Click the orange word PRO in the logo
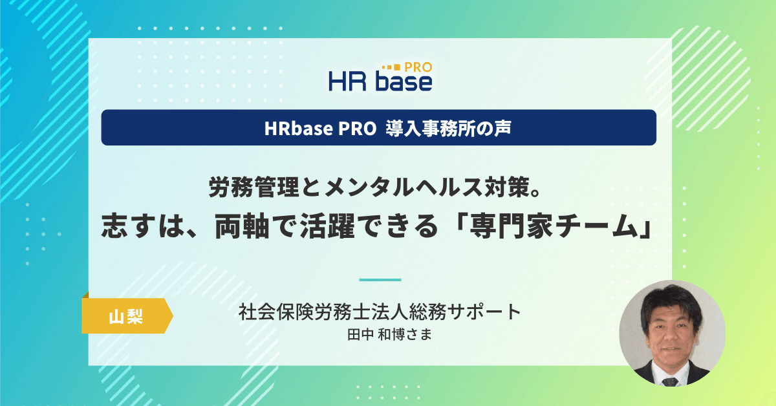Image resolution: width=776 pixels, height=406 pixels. click(x=418, y=67)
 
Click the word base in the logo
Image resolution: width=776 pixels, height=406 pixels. click(x=404, y=81)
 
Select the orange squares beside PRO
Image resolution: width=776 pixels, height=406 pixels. click(x=391, y=67)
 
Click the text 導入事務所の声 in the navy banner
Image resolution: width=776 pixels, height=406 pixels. click(x=448, y=128)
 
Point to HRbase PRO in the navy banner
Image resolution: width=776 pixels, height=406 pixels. click(x=320, y=128)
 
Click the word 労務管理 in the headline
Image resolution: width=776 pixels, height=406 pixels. click(x=253, y=187)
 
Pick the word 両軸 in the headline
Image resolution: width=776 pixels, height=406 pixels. click(x=242, y=226)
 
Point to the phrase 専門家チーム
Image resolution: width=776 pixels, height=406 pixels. click(x=554, y=226)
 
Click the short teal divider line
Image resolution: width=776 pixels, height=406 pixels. click(x=380, y=279)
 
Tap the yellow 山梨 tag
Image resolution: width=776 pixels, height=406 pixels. click(x=127, y=315)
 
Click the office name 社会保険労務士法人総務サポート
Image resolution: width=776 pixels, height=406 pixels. click(x=380, y=312)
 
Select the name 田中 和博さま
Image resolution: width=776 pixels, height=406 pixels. click(x=390, y=335)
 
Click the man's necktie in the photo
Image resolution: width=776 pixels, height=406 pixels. click(x=670, y=381)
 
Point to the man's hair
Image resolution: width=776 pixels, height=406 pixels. click(x=671, y=302)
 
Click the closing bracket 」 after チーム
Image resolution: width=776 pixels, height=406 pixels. click(x=645, y=226)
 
